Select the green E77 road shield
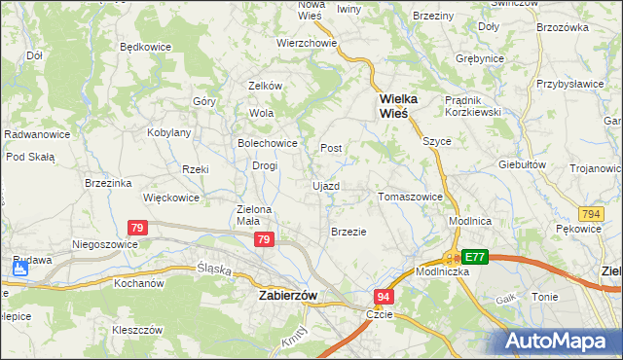coord(475,257)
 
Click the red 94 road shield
coord(385,296)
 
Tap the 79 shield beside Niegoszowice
coord(138,228)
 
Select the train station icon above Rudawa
coord(19,264)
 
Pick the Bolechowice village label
coord(267,143)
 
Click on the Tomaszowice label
coord(410,197)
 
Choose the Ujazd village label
coord(326,185)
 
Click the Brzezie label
coord(348,232)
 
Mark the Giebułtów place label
coord(523,164)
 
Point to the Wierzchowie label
coord(307,43)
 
